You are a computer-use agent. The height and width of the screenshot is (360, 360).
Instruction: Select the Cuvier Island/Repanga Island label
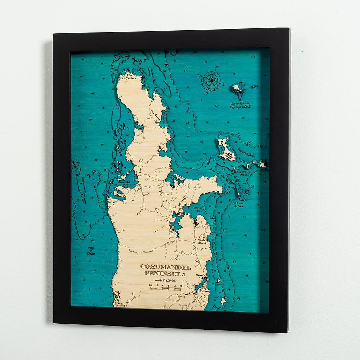240,105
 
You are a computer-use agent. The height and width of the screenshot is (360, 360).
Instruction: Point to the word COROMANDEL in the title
165,267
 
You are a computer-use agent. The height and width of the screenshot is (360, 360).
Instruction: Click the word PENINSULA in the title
165,274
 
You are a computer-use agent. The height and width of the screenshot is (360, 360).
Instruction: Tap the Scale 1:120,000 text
165,280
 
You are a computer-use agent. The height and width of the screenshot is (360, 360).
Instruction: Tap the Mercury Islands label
246,153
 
